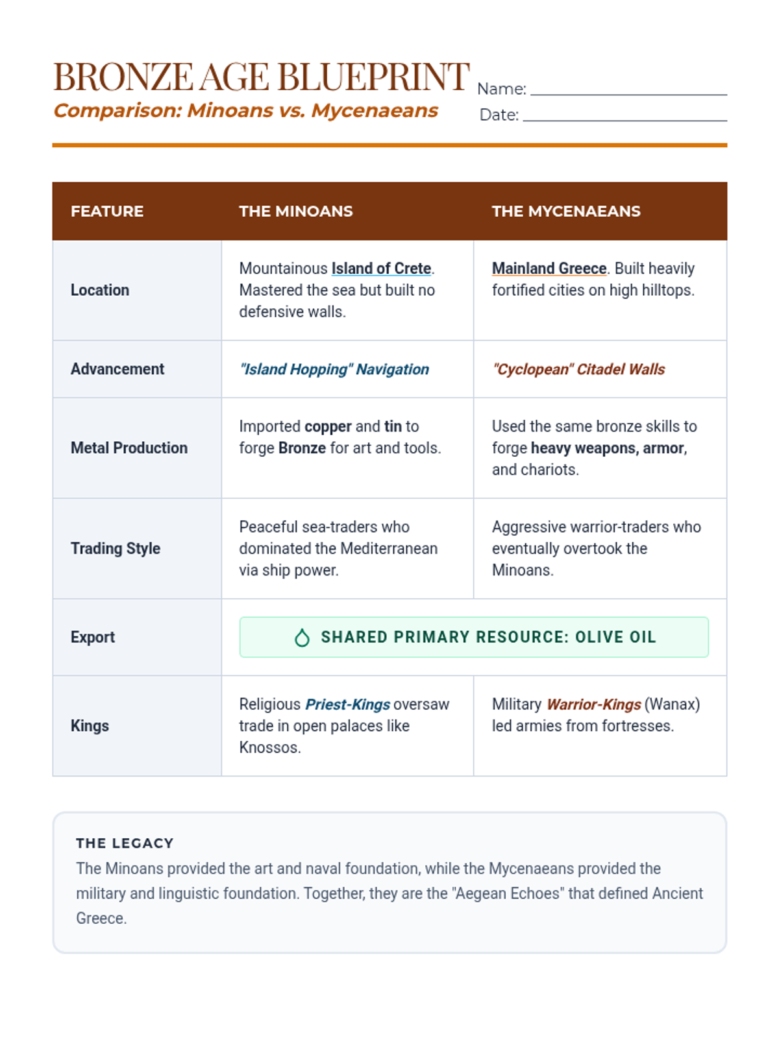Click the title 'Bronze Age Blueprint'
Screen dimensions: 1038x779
click(261, 77)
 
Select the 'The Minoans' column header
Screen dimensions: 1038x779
click(295, 211)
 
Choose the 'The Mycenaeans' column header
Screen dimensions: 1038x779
click(565, 211)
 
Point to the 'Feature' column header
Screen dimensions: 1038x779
click(107, 211)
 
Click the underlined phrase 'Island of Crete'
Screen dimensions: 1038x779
click(381, 269)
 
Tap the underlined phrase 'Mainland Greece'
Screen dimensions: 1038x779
click(549, 269)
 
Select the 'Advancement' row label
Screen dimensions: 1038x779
click(117, 369)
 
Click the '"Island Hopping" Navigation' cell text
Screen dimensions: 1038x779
click(334, 369)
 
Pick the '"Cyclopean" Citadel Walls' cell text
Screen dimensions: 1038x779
click(578, 369)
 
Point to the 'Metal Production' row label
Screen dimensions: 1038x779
click(129, 448)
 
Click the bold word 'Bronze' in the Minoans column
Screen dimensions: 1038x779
click(302, 448)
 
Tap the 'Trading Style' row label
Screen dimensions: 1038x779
click(116, 548)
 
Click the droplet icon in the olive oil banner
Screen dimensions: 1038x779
click(302, 638)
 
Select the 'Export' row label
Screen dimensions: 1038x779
click(93, 637)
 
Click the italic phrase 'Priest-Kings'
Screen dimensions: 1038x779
click(347, 705)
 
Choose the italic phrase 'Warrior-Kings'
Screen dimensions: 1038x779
click(593, 705)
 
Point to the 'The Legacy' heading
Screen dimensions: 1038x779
click(125, 843)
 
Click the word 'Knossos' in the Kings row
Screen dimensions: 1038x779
click(268, 747)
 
